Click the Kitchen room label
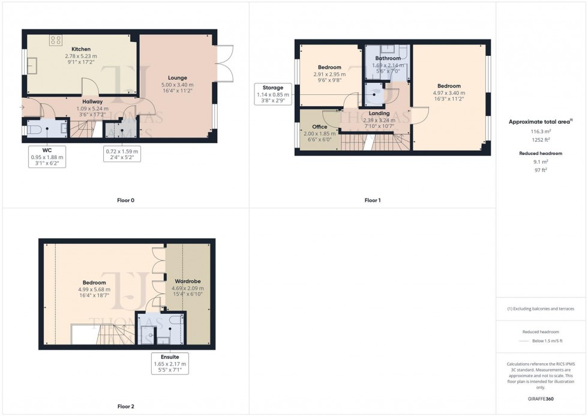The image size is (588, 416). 80,49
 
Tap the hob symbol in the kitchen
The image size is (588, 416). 56,40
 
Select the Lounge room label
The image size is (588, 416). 177,77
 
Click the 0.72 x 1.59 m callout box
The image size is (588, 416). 122,155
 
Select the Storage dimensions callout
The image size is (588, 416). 273,94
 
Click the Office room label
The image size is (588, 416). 319,127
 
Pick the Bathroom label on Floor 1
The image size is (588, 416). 388,59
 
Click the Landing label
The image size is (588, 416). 379,113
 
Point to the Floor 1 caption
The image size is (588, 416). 372,200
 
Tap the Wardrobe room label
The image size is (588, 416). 187,281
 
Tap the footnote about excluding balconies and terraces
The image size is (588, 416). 541,309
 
